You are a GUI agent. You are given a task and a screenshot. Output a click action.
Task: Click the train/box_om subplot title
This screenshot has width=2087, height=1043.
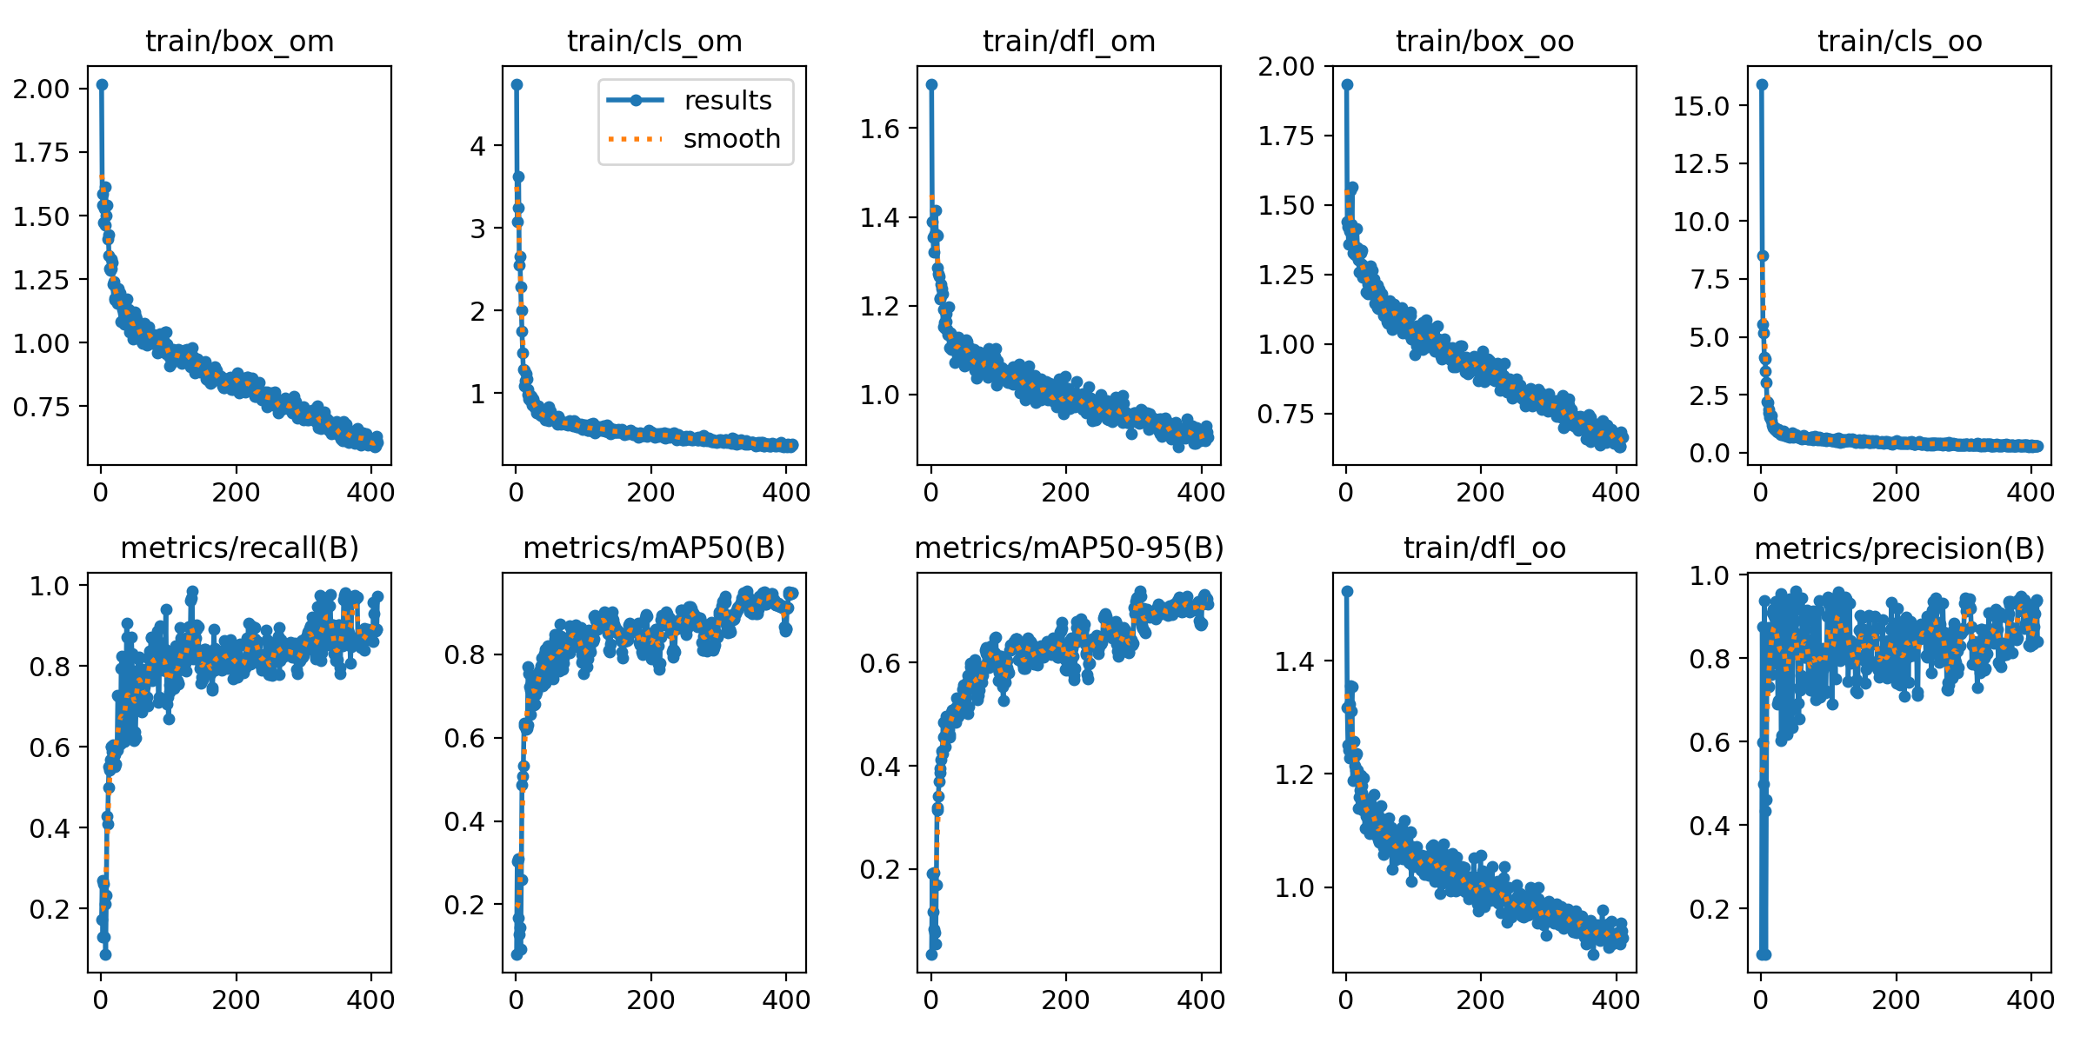click(239, 42)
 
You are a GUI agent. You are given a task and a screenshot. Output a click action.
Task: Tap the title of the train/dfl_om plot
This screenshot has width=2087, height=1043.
click(1069, 42)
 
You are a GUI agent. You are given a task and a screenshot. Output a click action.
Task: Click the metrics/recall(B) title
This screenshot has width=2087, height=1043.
click(239, 548)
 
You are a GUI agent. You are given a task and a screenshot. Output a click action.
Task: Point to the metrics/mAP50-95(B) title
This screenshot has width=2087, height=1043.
click(1069, 548)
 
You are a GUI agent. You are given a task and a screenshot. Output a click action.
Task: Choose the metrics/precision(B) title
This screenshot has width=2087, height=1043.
click(1899, 549)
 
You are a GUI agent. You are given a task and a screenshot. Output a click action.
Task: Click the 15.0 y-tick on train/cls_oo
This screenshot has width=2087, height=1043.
click(1701, 106)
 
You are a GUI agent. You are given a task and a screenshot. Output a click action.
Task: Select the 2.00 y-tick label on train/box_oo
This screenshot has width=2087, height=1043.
click(1286, 66)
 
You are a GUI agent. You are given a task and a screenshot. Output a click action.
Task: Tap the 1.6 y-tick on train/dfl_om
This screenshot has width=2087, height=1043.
click(879, 129)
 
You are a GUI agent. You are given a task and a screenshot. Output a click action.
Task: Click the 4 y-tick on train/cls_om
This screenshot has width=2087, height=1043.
click(477, 146)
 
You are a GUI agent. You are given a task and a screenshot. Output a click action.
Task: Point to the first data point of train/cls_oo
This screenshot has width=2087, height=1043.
click(1762, 84)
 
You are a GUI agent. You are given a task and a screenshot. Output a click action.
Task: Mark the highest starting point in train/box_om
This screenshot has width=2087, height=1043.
click(102, 84)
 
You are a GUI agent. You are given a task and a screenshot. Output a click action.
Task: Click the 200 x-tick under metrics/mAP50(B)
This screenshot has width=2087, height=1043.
click(650, 1000)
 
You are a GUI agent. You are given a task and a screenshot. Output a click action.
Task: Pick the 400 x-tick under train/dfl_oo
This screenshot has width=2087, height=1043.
click(1616, 1000)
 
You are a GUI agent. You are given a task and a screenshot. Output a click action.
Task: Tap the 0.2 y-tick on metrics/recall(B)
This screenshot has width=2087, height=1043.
click(49, 909)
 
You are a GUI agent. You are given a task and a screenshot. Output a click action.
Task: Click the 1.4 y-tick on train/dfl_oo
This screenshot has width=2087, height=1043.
click(1294, 661)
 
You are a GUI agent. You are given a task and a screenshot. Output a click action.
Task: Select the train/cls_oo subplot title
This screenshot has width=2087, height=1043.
click(1899, 42)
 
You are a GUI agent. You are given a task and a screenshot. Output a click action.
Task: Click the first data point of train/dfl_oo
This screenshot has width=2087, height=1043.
click(1347, 591)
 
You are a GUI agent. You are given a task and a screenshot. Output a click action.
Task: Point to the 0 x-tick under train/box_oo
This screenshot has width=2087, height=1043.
click(1346, 493)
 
